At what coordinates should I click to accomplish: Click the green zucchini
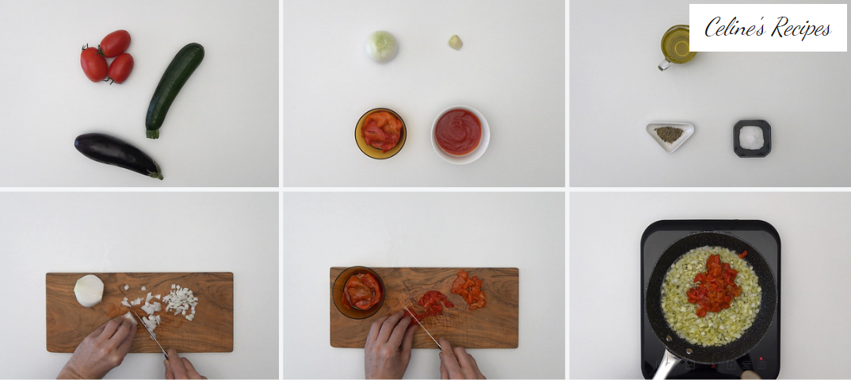pyautogui.click(x=175, y=89)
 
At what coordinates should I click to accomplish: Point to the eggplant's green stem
pyautogui.click(x=156, y=172)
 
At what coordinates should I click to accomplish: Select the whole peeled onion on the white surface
pyautogui.click(x=382, y=46)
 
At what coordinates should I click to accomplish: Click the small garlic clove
pyautogui.click(x=456, y=42)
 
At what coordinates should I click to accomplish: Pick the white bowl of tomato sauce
pyautogui.click(x=460, y=134)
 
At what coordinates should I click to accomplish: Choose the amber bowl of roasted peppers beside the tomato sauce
pyautogui.click(x=380, y=133)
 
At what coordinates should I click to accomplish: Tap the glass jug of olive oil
pyautogui.click(x=676, y=48)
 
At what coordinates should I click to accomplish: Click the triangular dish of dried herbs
pyautogui.click(x=670, y=136)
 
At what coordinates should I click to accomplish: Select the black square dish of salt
pyautogui.click(x=752, y=139)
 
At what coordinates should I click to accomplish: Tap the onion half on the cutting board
pyautogui.click(x=89, y=290)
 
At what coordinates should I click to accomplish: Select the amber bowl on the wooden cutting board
pyautogui.click(x=358, y=292)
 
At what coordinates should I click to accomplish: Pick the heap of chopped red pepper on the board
pyautogui.click(x=468, y=290)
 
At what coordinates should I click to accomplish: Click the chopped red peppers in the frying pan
pyautogui.click(x=715, y=284)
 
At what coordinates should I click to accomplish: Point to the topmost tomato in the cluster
pyautogui.click(x=115, y=43)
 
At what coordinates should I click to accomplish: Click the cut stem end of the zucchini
pyautogui.click(x=152, y=134)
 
